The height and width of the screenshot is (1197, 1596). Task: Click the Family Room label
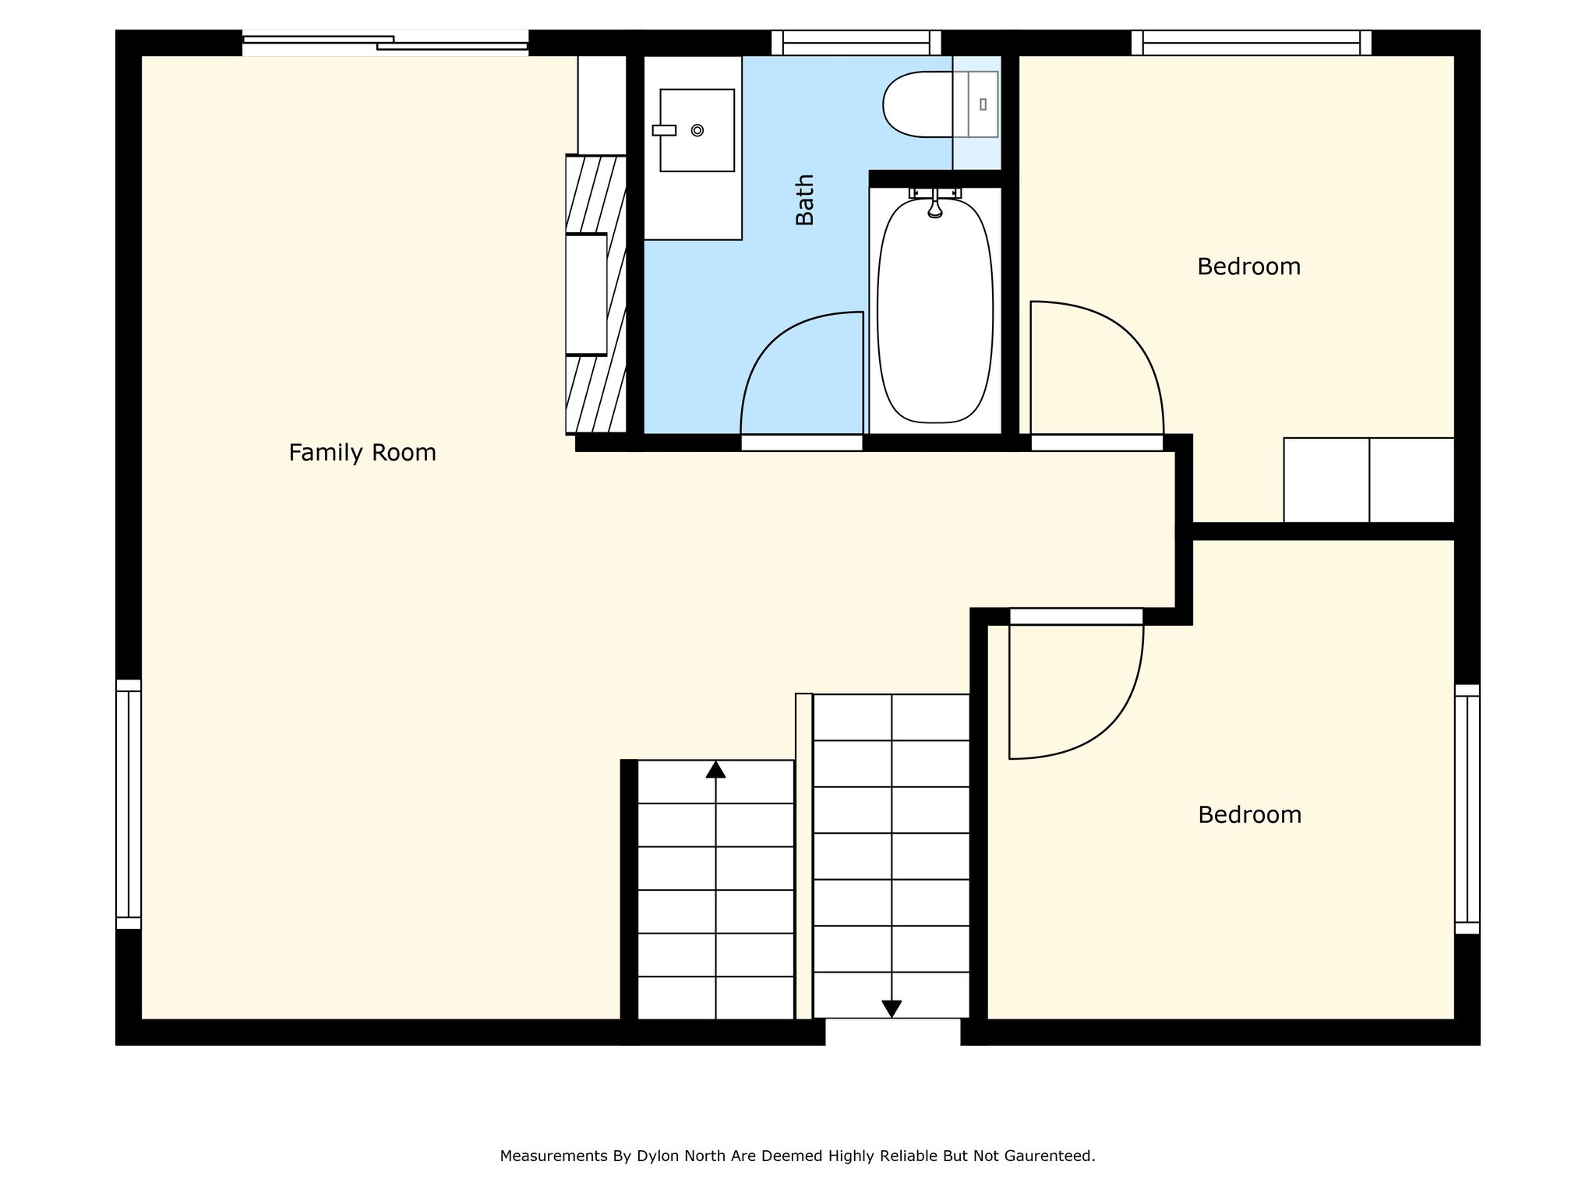(362, 453)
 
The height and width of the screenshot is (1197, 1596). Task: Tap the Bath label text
(804, 199)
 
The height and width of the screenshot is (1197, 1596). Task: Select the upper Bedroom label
(1248, 267)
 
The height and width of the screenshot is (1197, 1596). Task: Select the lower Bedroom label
(1249, 814)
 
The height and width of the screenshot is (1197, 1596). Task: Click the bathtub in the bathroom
(935, 310)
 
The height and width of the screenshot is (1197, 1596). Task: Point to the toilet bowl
(918, 104)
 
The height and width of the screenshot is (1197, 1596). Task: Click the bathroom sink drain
(697, 130)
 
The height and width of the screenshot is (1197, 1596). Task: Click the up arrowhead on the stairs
(715, 769)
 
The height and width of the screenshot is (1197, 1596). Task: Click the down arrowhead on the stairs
(892, 1009)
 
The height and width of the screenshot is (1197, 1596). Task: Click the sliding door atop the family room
(385, 43)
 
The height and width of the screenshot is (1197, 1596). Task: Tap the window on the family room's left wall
(129, 804)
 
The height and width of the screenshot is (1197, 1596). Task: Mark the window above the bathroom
(856, 43)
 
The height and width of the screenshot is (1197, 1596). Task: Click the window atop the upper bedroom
(1252, 43)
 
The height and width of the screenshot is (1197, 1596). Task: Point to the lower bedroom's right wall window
(1467, 809)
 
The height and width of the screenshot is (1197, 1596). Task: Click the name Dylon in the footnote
(658, 1156)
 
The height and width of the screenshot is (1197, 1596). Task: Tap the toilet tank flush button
(983, 104)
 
